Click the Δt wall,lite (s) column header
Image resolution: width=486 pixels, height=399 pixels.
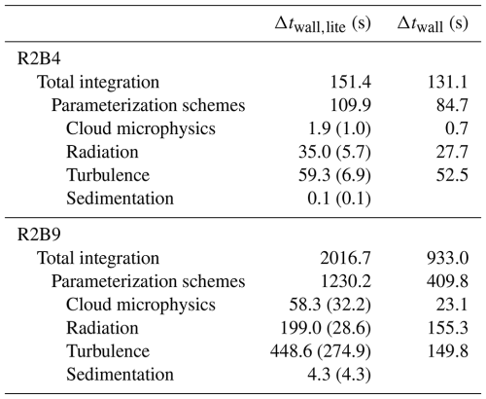[x=323, y=24]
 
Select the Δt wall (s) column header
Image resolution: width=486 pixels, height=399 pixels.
[x=433, y=24]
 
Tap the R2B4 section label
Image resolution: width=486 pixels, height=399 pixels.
[x=39, y=58]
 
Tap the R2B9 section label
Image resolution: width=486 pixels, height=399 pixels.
[x=39, y=235]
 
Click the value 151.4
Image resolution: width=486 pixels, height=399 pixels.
[x=351, y=82]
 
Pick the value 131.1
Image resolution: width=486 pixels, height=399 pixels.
[x=448, y=82]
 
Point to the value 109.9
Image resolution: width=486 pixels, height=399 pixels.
[x=351, y=105]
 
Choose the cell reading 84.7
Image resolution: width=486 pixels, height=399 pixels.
[x=452, y=105]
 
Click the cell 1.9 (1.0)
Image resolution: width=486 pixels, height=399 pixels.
[x=339, y=128]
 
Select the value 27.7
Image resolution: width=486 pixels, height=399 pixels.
[x=452, y=152]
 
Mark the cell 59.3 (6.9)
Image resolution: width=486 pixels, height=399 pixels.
[x=334, y=175]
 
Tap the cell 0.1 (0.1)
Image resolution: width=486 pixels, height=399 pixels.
[x=339, y=199]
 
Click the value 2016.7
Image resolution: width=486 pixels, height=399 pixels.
[x=345, y=258]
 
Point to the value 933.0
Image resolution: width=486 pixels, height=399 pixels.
[x=448, y=258]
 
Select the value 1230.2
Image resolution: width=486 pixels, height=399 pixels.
[x=346, y=281]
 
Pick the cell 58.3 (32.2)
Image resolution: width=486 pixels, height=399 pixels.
[x=330, y=305]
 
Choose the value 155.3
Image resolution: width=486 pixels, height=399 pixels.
[x=448, y=328]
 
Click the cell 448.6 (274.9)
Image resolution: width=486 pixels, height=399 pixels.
[x=321, y=351]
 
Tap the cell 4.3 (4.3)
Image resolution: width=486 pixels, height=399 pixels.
[x=339, y=375]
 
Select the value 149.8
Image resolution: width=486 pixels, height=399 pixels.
[x=448, y=351]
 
